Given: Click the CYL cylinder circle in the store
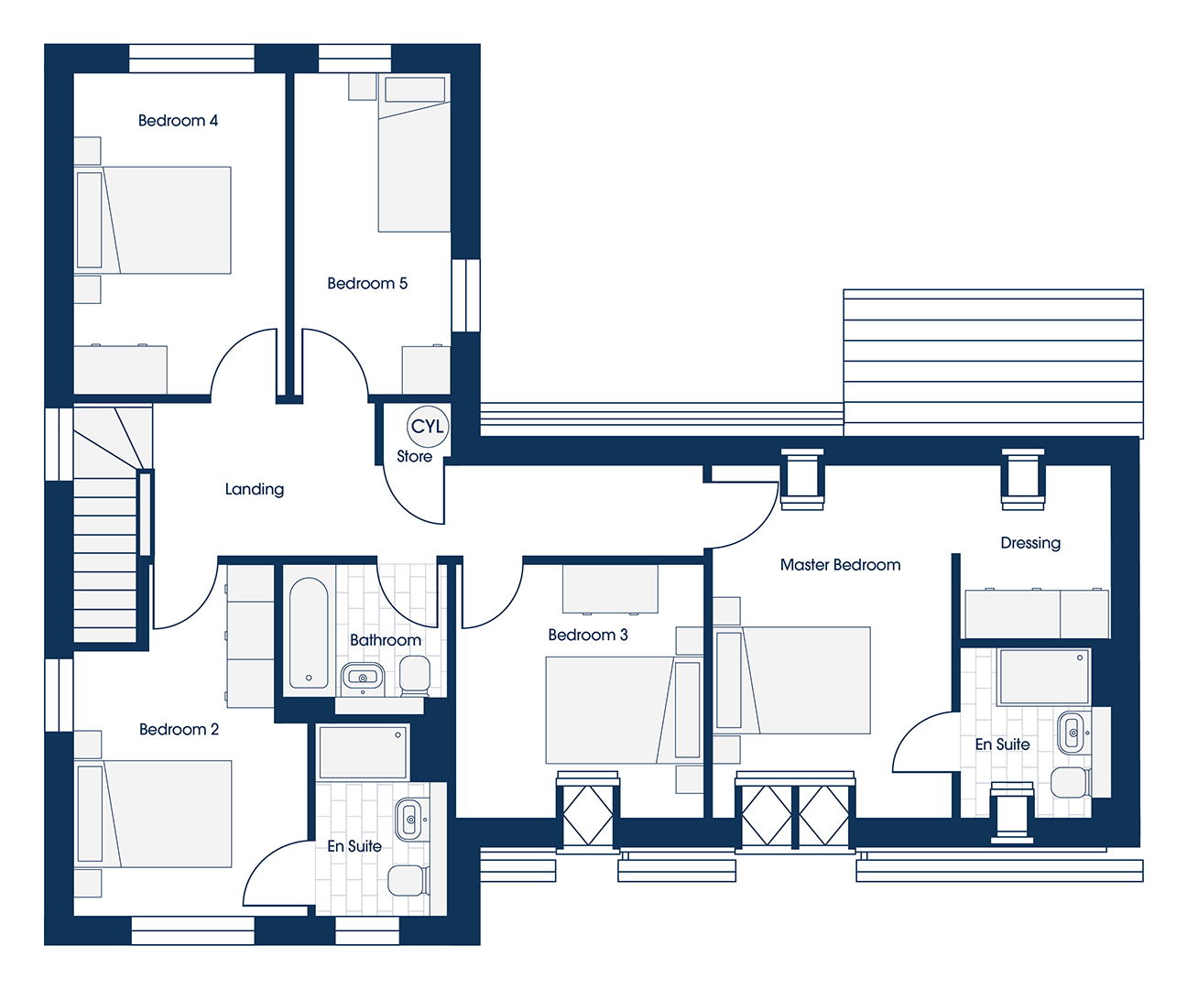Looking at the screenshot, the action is pyautogui.click(x=428, y=427).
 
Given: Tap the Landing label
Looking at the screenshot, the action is pyautogui.click(x=254, y=489).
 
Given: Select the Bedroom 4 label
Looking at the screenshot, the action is pyautogui.click(x=178, y=121).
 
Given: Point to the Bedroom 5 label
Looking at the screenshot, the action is pyautogui.click(x=367, y=283).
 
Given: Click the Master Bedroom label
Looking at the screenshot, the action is pyautogui.click(x=840, y=564).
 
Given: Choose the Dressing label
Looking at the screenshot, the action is pyautogui.click(x=1030, y=543).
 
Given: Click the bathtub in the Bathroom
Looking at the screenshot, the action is pyautogui.click(x=309, y=633).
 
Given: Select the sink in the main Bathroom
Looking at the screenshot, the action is pyautogui.click(x=363, y=678).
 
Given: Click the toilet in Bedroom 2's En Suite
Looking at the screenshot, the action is pyautogui.click(x=408, y=880).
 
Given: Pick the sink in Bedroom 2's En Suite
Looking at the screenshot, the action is pyautogui.click(x=410, y=820).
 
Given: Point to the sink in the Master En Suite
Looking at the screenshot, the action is pyautogui.click(x=1073, y=733).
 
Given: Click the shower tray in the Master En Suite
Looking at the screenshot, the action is pyautogui.click(x=1044, y=677).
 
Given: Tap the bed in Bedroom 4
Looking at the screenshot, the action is pyautogui.click(x=152, y=220).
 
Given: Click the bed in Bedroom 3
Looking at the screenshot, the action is pyautogui.click(x=625, y=710).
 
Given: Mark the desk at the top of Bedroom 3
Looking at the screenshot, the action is pyautogui.click(x=610, y=589).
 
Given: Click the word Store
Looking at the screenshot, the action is pyautogui.click(x=414, y=456).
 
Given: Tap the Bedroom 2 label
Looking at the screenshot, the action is pyautogui.click(x=180, y=729).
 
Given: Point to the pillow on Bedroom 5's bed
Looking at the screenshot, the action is pyautogui.click(x=414, y=89).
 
